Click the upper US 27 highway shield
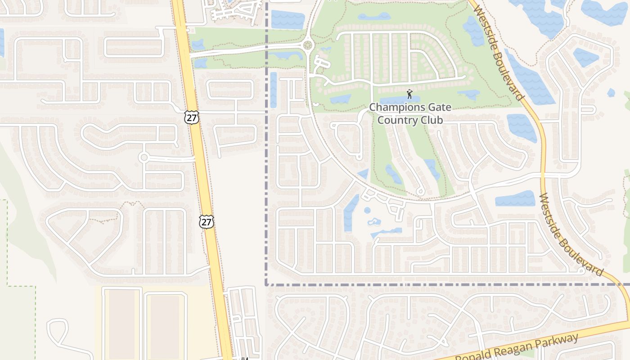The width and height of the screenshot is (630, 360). pyautogui.click(x=191, y=117)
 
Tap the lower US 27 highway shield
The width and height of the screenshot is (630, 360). pyautogui.click(x=207, y=221)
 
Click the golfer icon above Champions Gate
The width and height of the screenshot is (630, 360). pyautogui.click(x=409, y=94)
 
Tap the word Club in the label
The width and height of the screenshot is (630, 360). pyautogui.click(x=429, y=120)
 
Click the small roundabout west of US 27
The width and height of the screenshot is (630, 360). pyautogui.click(x=144, y=157)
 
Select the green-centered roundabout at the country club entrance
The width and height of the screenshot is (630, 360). pyautogui.click(x=308, y=45)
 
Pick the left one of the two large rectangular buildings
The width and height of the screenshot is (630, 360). pyautogui.click(x=122, y=324)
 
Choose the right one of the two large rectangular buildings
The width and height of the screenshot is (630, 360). pyautogui.click(x=165, y=327)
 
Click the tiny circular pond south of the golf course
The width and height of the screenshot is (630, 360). pyautogui.click(x=367, y=210)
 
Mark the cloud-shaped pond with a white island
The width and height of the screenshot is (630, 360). pyautogui.click(x=374, y=222)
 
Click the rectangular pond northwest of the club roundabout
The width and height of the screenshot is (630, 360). pyautogui.click(x=288, y=19)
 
